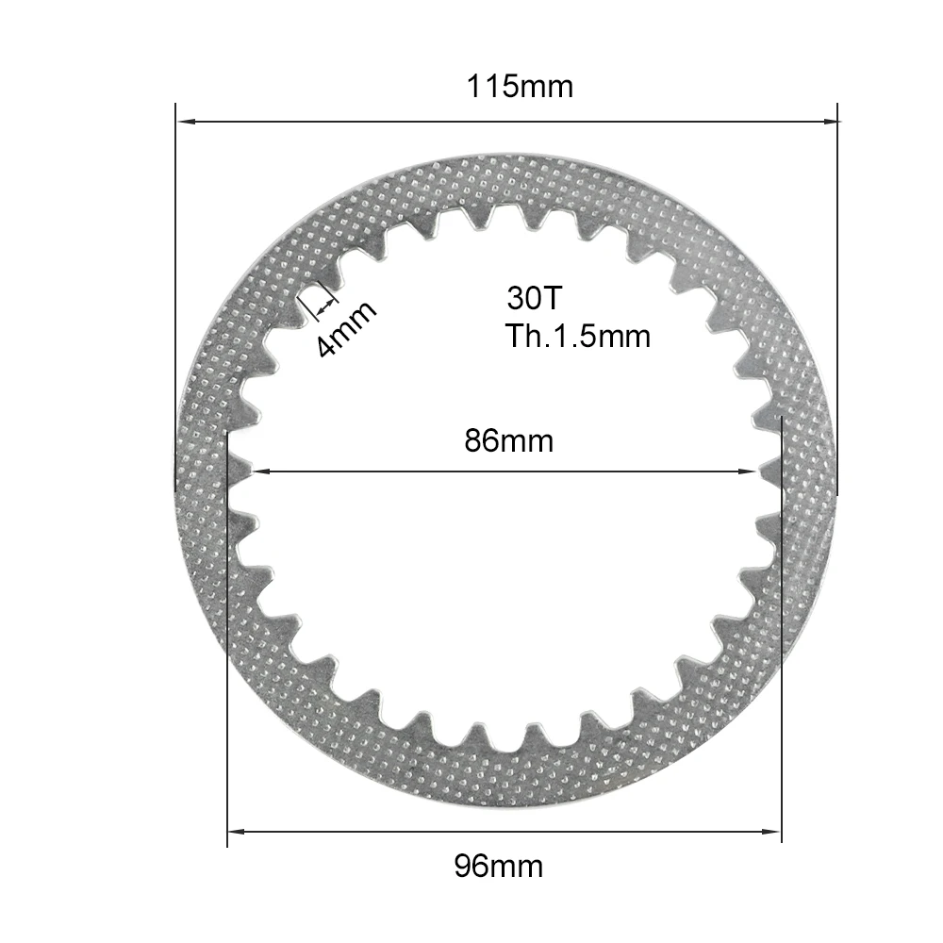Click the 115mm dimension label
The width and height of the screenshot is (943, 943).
(x=520, y=87)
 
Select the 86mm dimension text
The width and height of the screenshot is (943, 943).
(x=508, y=440)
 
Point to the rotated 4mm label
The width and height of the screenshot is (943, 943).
(x=345, y=329)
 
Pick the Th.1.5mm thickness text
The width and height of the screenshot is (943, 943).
(x=577, y=336)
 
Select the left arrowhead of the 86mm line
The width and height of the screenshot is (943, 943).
(x=256, y=471)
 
